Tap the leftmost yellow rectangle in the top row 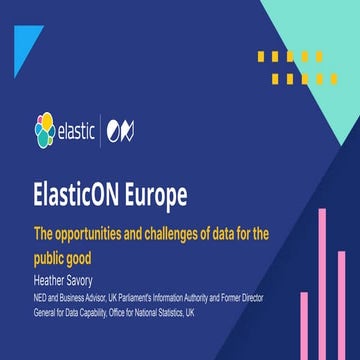262,57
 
